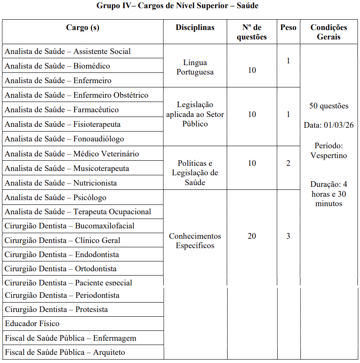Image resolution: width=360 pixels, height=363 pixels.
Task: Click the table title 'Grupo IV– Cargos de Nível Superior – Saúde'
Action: pyautogui.click(x=177, y=6)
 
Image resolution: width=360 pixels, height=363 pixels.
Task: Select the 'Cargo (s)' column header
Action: pyautogui.click(x=83, y=28)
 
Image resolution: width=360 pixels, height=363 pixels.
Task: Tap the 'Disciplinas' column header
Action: pyautogui.click(x=195, y=28)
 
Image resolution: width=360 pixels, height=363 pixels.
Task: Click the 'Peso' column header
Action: pyautogui.click(x=288, y=28)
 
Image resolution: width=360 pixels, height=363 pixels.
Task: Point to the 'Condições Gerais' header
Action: pyautogui.click(x=329, y=32)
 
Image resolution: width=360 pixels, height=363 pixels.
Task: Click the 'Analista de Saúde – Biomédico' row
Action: pyautogui.click(x=57, y=66)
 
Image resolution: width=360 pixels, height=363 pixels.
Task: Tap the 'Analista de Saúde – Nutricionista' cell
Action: pyautogui.click(x=61, y=183)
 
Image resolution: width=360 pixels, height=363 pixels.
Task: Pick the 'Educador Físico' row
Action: pyautogui.click(x=32, y=324)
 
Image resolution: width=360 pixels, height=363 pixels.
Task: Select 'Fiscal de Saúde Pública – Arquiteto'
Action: pyautogui.click(x=65, y=352)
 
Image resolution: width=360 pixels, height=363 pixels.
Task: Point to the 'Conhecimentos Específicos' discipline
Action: pyautogui.click(x=195, y=241)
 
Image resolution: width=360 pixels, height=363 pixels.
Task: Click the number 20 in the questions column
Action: pyautogui.click(x=252, y=236)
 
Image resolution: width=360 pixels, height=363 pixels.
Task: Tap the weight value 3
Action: pyautogui.click(x=288, y=236)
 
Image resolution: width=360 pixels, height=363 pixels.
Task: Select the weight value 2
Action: pyautogui.click(x=288, y=163)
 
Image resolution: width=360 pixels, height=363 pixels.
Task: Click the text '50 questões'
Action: pyautogui.click(x=329, y=106)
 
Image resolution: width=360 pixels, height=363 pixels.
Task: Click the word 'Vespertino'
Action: pyautogui.click(x=329, y=155)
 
